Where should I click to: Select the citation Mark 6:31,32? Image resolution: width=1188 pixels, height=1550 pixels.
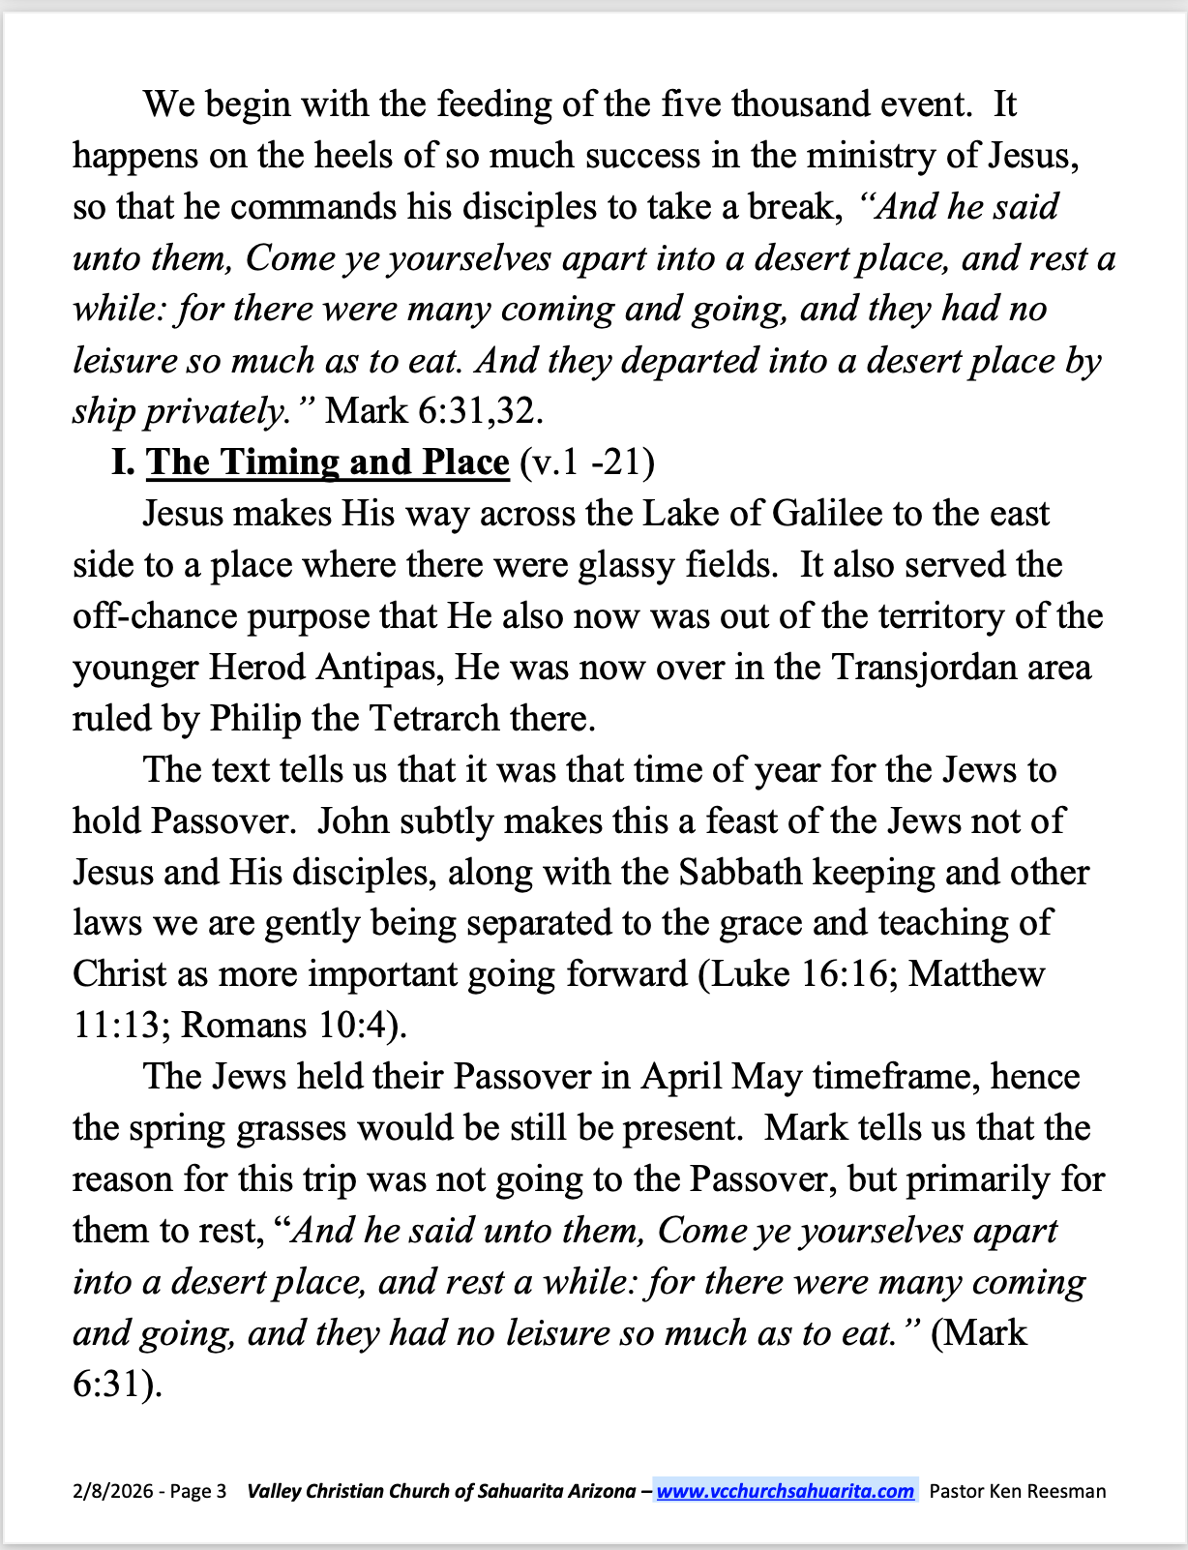tap(434, 411)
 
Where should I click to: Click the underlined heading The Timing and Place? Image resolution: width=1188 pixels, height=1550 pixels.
tap(328, 462)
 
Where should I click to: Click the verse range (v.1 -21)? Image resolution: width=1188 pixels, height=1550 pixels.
tap(587, 462)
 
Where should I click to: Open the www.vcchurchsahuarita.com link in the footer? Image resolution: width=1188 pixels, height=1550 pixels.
tap(785, 1491)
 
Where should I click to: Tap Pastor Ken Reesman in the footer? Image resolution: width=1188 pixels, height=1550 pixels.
tap(1017, 1491)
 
